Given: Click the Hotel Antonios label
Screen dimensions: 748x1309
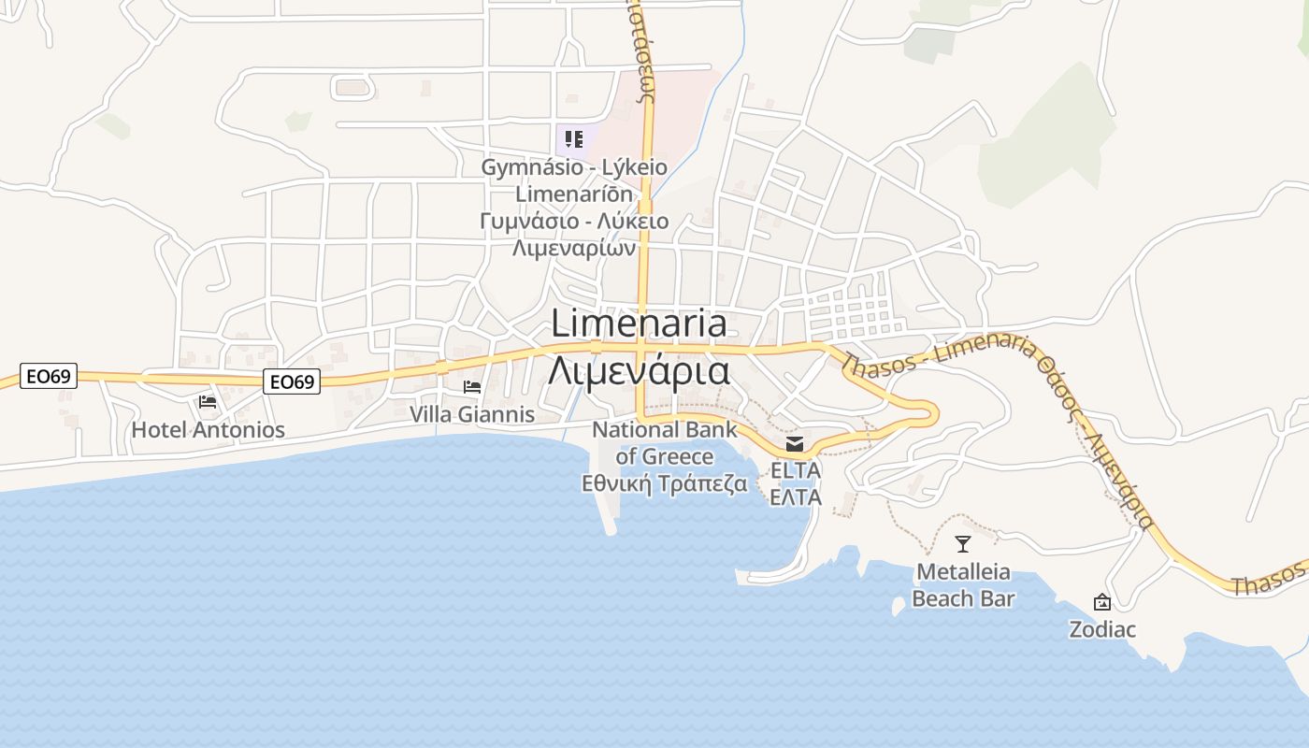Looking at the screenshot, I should tap(208, 430).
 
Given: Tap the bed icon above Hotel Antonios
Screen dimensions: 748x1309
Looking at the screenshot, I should tap(208, 402).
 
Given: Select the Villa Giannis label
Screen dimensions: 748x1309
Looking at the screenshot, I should tap(472, 414).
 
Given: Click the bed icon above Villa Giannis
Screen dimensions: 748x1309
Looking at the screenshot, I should tap(472, 386).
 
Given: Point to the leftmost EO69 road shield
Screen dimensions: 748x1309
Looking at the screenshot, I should tap(48, 377).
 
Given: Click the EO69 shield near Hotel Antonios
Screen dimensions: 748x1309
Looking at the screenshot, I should tap(292, 381).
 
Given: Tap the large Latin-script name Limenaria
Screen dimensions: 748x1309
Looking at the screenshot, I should tap(639, 324).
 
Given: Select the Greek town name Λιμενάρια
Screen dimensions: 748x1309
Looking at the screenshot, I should tap(639, 370).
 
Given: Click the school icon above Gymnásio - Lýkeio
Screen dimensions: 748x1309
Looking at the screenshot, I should tap(574, 140).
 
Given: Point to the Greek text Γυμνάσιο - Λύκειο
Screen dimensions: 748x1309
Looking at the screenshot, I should tap(574, 222).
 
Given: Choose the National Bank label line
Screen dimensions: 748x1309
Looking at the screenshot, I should tap(665, 430).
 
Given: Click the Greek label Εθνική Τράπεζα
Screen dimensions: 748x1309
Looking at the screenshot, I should tap(665, 483).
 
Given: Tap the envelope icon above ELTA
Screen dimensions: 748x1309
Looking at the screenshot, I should tap(795, 443).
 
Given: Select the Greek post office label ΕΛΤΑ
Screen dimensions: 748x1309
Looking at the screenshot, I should tap(795, 496).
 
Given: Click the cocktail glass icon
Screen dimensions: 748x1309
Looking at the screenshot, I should tap(963, 544).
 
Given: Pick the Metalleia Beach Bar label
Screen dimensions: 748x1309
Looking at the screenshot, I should tap(963, 584).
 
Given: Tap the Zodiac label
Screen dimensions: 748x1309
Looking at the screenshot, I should tap(1102, 629).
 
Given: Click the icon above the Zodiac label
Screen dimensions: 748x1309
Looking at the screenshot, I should tap(1102, 603).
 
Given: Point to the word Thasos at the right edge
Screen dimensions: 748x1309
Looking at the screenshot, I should tap(1269, 580).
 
